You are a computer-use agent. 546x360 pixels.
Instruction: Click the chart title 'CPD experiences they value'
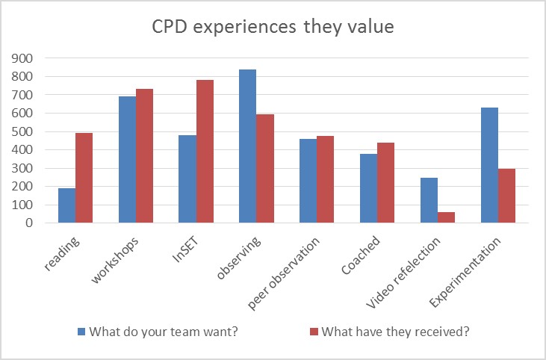273,27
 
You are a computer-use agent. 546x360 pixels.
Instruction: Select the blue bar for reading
67,205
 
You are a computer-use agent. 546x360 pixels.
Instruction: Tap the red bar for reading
84,178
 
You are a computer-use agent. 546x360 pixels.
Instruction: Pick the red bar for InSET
205,152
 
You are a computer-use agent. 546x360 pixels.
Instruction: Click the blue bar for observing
247,146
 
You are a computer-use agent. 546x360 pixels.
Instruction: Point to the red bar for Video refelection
446,217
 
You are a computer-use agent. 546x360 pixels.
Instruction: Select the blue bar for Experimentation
489,165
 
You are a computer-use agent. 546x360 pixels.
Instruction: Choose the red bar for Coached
386,183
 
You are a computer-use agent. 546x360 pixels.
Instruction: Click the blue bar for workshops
128,160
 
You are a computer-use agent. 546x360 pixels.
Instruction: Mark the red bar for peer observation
325,179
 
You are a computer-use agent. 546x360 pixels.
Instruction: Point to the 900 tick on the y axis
22,58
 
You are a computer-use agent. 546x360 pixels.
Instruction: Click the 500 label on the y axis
22,132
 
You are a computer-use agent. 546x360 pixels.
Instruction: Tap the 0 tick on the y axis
29,223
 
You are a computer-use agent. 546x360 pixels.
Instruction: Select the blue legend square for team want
81,332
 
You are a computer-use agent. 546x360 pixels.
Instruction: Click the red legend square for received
314,332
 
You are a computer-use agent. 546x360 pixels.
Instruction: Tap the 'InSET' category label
185,249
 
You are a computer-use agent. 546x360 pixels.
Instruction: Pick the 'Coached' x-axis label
361,255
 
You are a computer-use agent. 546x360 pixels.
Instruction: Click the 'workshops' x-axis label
114,260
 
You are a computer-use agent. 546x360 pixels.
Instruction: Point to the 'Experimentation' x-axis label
465,272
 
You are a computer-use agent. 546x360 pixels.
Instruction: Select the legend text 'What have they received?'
396,332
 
